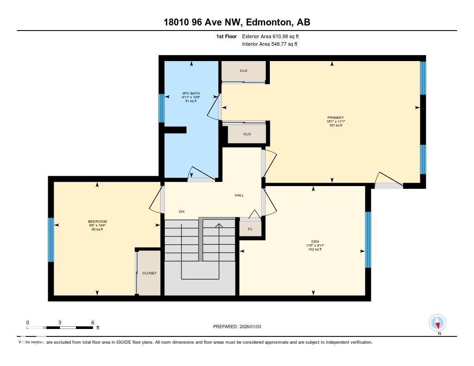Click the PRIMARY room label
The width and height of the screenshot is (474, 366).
[336, 118]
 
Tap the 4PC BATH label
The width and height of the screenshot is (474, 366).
[191, 93]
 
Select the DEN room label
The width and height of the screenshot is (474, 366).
[315, 242]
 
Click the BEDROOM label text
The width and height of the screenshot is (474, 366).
[97, 222]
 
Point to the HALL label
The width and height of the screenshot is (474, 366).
[239, 195]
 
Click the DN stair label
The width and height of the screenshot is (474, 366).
[182, 212]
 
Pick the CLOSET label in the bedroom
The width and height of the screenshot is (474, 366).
[149, 273]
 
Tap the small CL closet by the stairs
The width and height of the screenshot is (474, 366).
[250, 228]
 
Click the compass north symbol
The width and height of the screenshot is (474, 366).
[437, 323]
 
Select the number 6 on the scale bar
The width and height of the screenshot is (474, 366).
[93, 323]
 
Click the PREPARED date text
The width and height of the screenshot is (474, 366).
[237, 327]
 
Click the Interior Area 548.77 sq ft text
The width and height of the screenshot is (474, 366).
[269, 44]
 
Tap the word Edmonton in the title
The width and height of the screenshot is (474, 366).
[268, 22]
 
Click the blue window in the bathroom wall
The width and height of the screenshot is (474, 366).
[162, 108]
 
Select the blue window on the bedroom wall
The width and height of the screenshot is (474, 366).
[51, 240]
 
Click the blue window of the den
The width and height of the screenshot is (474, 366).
[368, 240]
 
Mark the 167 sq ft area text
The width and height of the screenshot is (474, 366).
[336, 125]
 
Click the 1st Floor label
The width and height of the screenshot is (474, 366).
[226, 36]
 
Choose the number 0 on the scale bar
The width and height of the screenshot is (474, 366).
[27, 323]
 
